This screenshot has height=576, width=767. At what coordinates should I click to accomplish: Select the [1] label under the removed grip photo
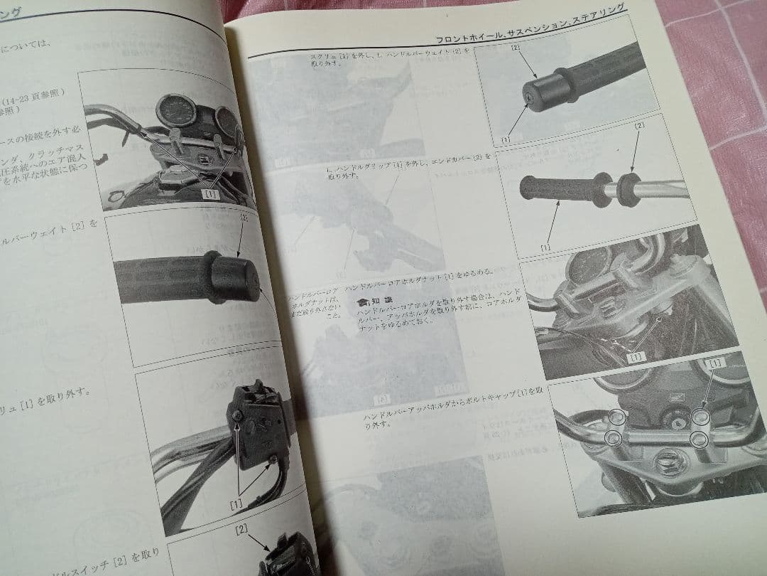(545, 247)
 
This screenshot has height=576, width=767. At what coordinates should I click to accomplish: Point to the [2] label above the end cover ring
(640, 126)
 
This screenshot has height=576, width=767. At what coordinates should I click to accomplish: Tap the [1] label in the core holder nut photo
(635, 356)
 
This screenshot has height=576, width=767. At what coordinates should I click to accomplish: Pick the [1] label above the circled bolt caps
(716, 363)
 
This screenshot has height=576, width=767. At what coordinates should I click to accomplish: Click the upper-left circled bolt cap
(616, 417)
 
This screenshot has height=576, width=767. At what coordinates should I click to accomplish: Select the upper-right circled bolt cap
(700, 417)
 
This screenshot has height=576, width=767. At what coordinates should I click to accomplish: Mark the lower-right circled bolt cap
(700, 438)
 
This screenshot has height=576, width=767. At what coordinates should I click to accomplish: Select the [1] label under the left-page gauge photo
(211, 193)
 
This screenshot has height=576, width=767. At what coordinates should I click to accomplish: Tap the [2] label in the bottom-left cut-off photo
(241, 529)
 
